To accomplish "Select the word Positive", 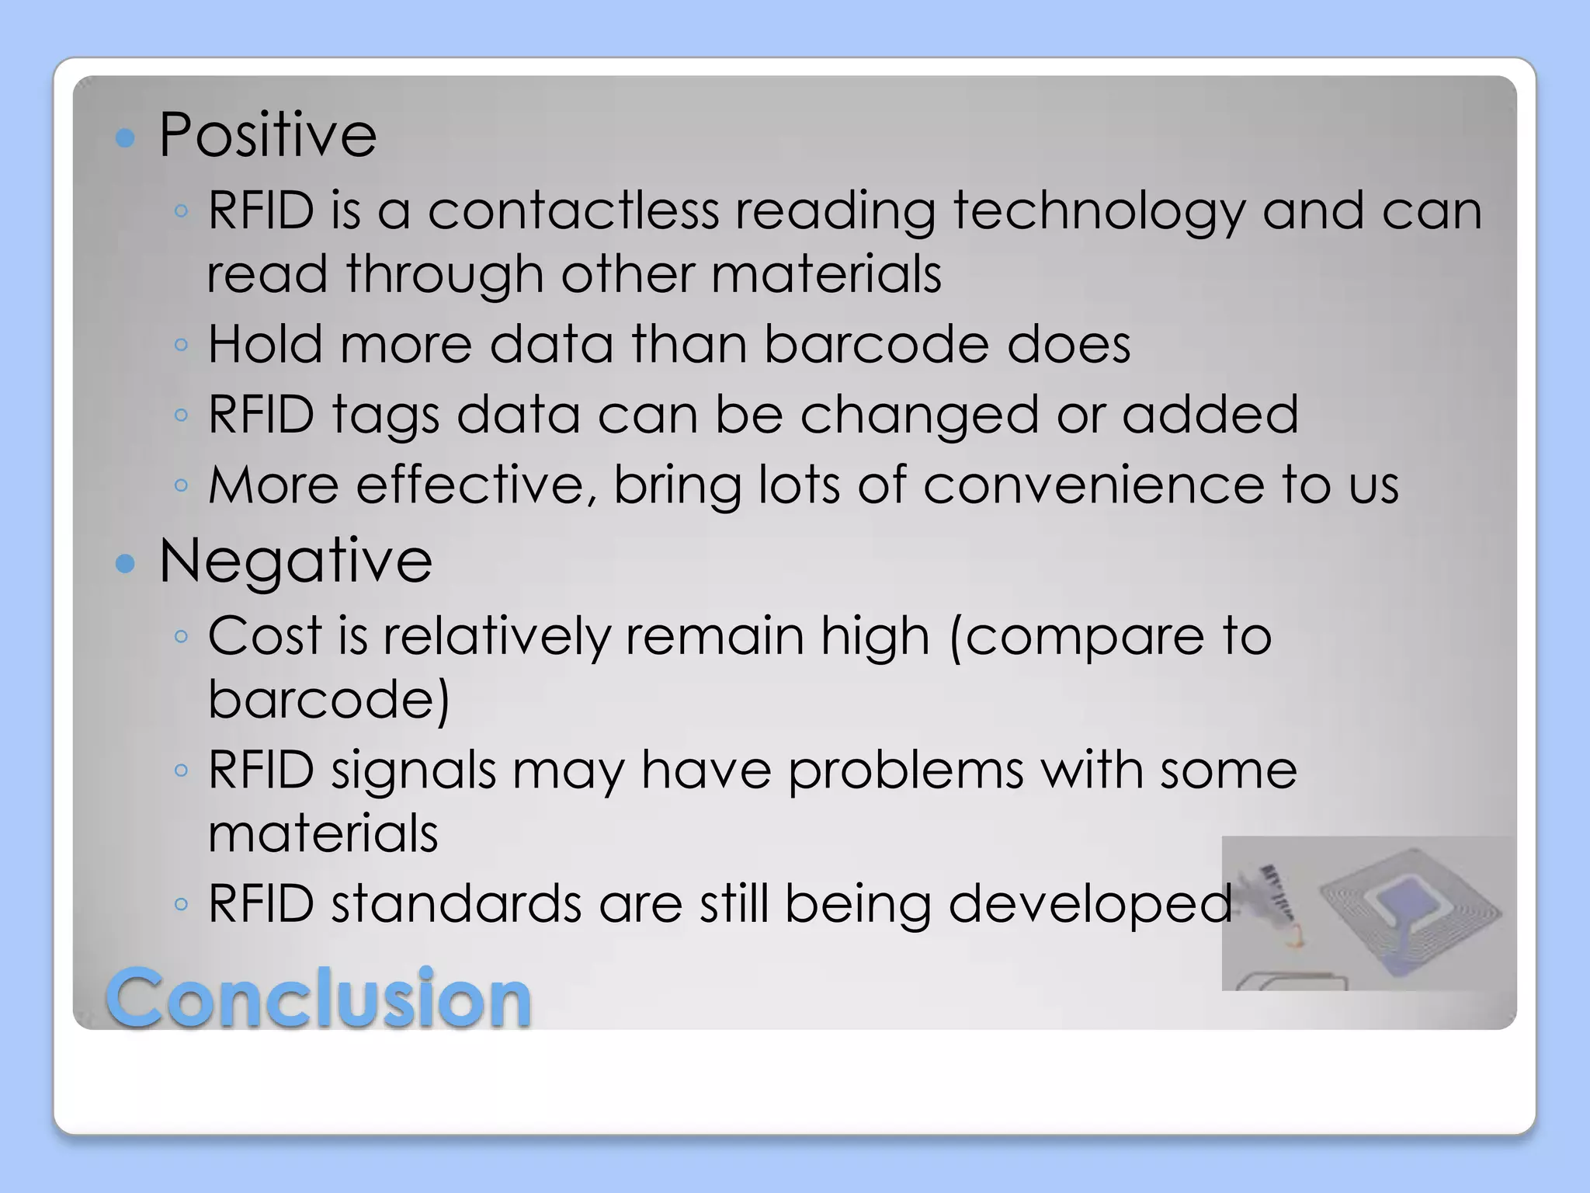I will click(268, 135).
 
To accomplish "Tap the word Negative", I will click(295, 561).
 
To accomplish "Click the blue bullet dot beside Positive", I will click(125, 138).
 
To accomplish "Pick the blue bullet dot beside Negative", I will click(125, 563).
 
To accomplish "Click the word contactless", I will click(573, 211).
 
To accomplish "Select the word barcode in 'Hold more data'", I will click(877, 344).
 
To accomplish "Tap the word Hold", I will click(265, 344).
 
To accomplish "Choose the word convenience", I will click(1094, 485).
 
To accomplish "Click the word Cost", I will click(265, 636).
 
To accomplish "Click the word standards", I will click(457, 904).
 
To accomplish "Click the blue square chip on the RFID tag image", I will click(1407, 902).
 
